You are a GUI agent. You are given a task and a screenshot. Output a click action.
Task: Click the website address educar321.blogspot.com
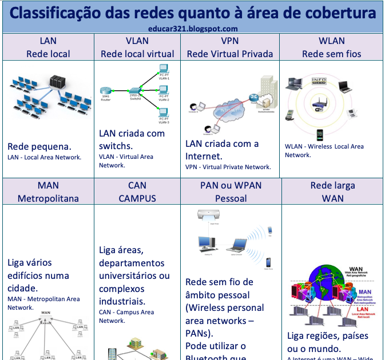point(192,28)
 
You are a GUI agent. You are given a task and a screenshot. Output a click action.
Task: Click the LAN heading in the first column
point(48,41)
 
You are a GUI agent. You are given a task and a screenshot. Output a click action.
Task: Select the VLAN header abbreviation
point(137,41)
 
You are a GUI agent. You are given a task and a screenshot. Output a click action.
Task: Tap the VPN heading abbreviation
point(230,41)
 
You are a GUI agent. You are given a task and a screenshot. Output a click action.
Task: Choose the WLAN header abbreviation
point(331,41)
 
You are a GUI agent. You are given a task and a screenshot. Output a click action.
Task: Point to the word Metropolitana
point(48,198)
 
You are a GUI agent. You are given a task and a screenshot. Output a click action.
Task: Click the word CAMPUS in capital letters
point(137,198)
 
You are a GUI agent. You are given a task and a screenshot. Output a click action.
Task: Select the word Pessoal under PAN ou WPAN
point(231,198)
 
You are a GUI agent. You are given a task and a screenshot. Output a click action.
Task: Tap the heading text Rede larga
point(332,185)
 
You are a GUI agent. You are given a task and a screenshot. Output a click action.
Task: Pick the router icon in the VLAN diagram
point(105,91)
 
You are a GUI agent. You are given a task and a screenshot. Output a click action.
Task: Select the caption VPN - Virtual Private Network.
point(228,167)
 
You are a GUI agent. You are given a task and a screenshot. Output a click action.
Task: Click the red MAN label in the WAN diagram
point(364,292)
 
